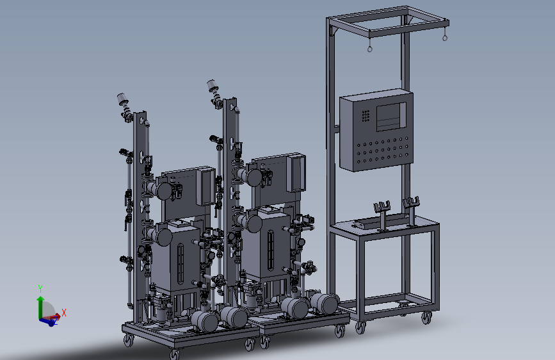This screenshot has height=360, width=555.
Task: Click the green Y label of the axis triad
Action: [x=40, y=288]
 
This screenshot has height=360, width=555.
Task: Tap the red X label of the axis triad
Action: [x=64, y=313]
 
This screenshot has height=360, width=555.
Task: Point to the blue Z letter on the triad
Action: [x=55, y=322]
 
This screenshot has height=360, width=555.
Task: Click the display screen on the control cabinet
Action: [x=390, y=117]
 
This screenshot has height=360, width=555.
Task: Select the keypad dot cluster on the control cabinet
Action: [x=366, y=116]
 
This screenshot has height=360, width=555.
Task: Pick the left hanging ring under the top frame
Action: [x=370, y=49]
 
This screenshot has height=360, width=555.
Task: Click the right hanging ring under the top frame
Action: [x=445, y=38]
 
